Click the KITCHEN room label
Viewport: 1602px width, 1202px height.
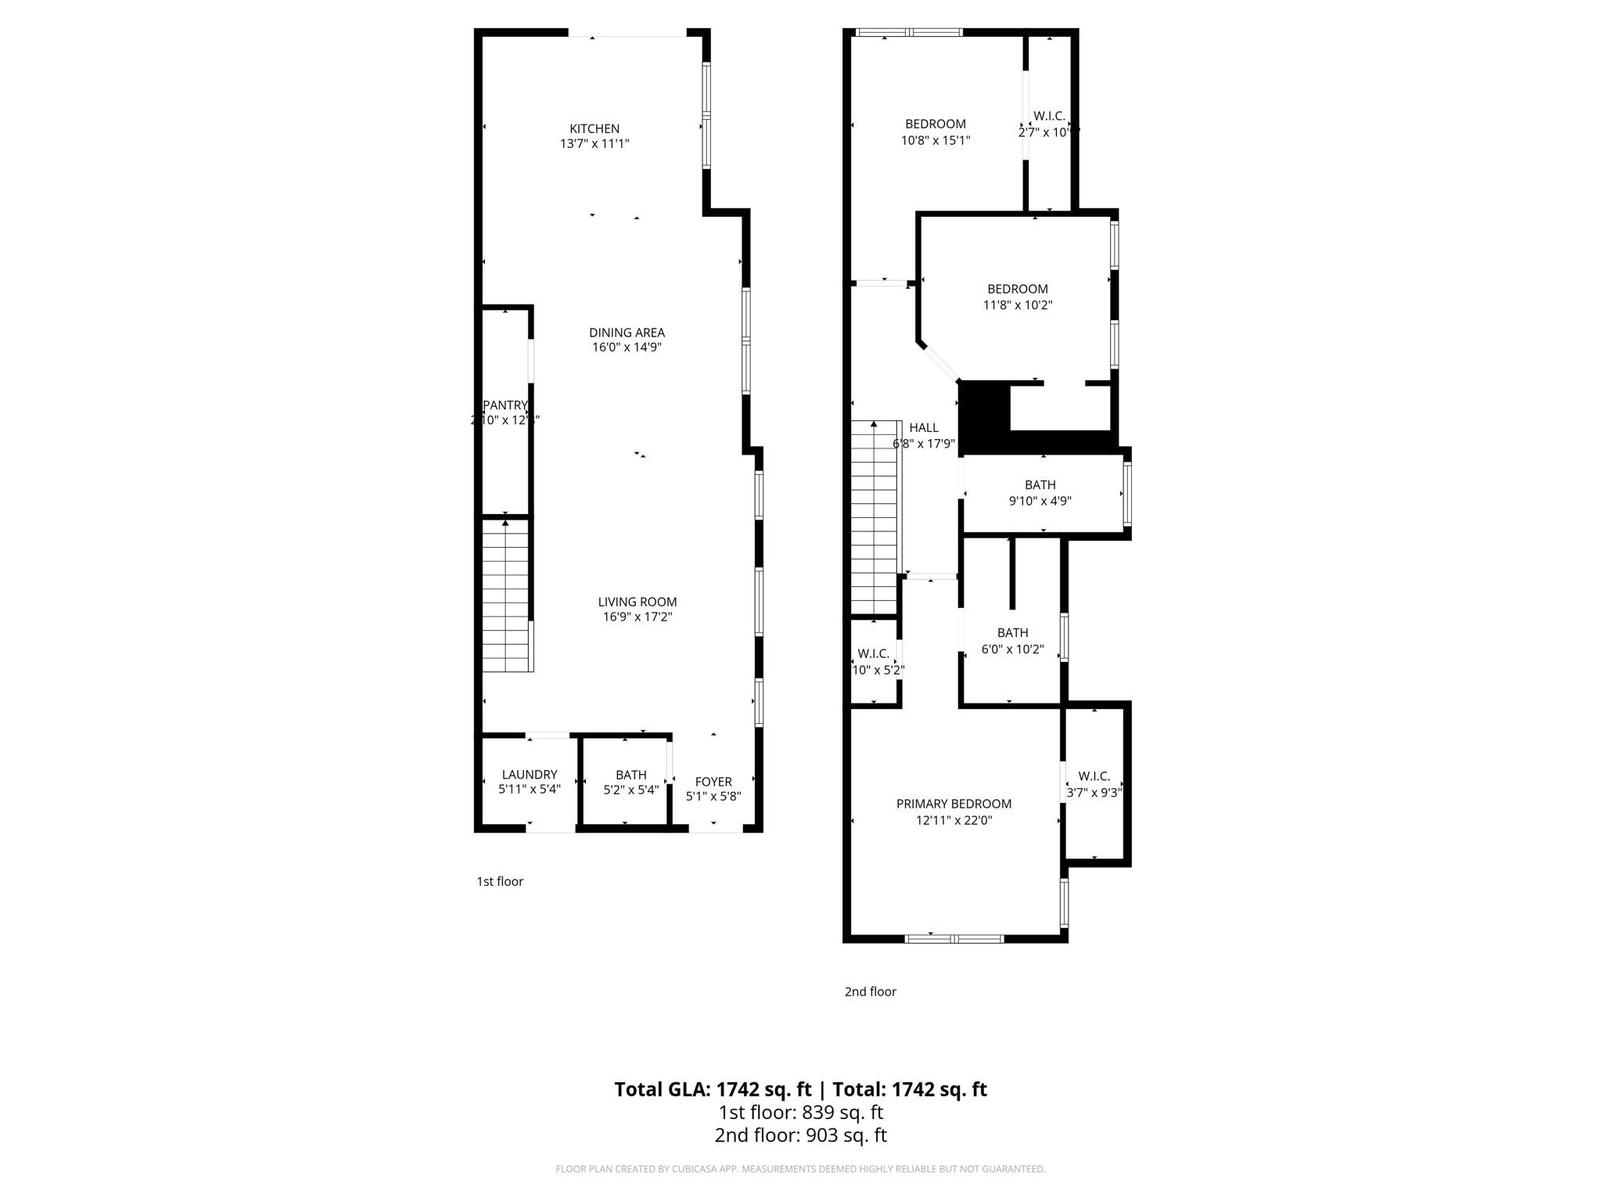[594, 129]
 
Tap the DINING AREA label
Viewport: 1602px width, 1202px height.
[627, 333]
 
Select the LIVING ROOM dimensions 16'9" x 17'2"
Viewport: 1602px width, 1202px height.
[637, 617]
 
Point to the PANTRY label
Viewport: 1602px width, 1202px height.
[505, 405]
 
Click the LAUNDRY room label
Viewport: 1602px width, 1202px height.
[530, 775]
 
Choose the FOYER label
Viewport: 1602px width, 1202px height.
[713, 782]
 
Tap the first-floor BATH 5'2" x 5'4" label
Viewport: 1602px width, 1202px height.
[630, 775]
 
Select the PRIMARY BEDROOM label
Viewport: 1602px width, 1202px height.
[954, 804]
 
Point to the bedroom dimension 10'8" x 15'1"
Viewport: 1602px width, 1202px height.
[936, 141]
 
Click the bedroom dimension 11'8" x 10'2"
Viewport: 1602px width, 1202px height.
[1017, 306]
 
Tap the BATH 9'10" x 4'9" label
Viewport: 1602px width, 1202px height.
[1040, 485]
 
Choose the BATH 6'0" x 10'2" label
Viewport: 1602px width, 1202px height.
[1012, 633]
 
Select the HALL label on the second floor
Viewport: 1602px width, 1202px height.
[924, 428]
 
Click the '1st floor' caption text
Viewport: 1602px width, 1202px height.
[500, 882]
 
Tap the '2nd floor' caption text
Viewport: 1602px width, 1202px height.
[870, 991]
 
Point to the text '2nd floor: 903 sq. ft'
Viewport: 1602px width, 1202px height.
[800, 1135]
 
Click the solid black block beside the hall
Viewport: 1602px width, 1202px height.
[984, 415]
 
